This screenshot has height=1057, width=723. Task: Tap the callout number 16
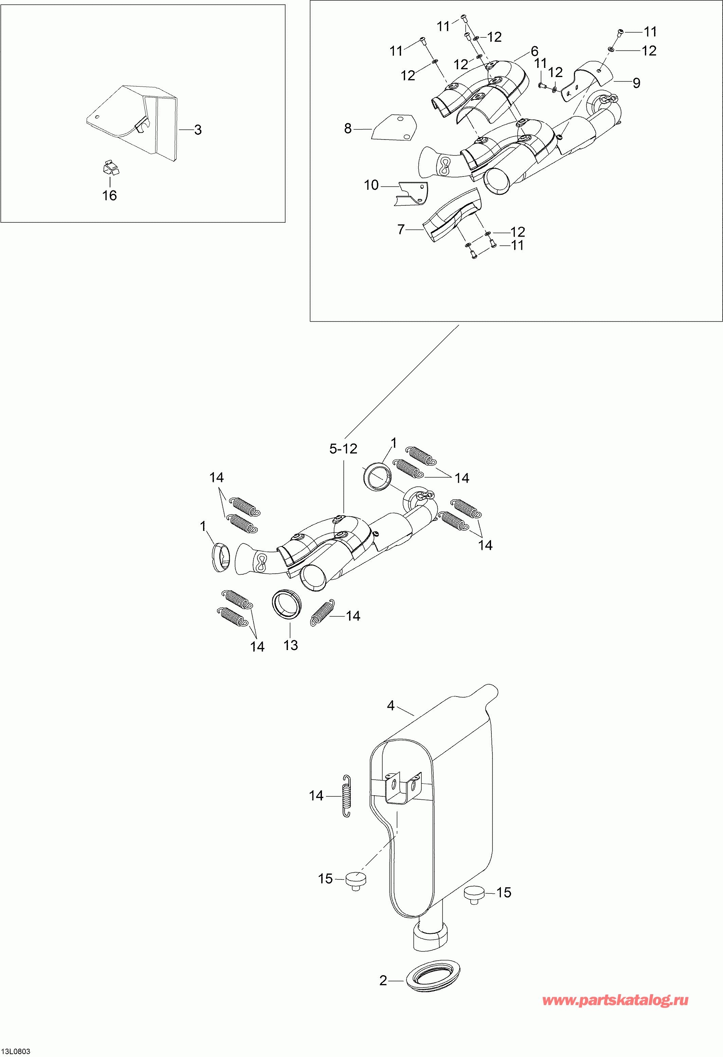click(x=110, y=196)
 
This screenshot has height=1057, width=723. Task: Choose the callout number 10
click(x=371, y=185)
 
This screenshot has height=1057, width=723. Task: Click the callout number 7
click(x=401, y=230)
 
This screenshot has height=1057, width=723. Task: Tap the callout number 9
click(x=636, y=83)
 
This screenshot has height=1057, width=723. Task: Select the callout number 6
click(x=535, y=51)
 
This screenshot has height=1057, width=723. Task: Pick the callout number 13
click(x=291, y=645)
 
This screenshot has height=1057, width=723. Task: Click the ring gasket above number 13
click(x=287, y=604)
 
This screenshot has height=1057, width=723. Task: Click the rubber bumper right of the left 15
click(x=356, y=879)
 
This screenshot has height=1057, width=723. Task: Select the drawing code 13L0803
click(x=16, y=1048)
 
